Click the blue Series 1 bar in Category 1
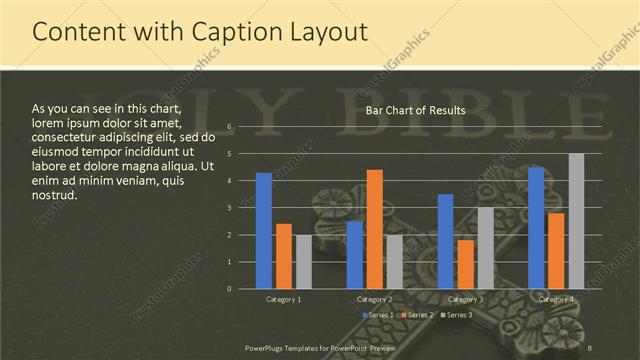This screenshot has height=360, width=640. pos(264,231)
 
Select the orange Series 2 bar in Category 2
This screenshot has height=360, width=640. pos(375,229)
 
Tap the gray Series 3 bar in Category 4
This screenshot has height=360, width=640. pos(576,221)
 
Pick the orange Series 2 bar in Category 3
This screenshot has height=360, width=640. pos(465,264)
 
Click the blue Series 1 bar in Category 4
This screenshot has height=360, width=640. pos(537,228)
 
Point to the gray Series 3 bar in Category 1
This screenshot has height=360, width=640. pos(303,262)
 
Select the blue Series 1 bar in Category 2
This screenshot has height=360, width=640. pos(355,255)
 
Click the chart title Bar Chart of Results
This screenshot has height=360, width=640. pos(415,110)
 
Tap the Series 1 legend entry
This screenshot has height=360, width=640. pos(377,315)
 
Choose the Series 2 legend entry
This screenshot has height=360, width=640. pos(416,315)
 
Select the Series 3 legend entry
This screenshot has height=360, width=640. pos(456,315)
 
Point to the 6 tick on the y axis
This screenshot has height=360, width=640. pos(230,127)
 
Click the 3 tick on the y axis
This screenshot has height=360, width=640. pos(230,208)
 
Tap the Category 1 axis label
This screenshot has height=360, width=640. pos(284,299)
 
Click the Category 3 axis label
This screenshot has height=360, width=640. pos(465,299)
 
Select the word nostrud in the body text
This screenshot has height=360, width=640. pos(53,194)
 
